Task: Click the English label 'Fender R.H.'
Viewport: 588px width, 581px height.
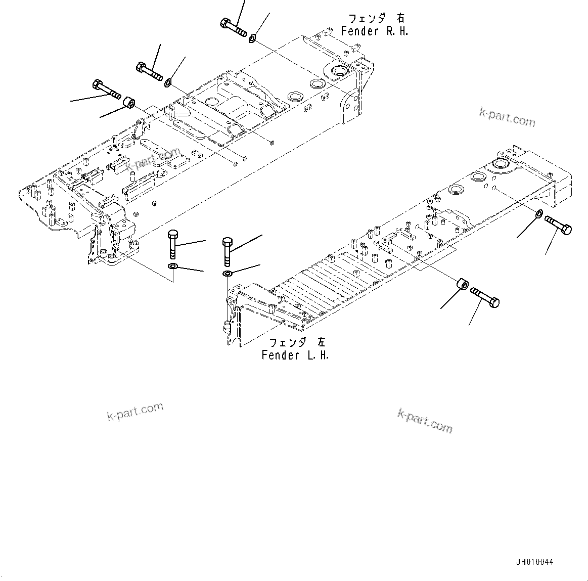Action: (374, 31)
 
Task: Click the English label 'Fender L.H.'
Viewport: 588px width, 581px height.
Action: (295, 355)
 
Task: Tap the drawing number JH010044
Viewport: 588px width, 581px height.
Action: (535, 562)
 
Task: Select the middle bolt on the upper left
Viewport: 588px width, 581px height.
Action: (149, 71)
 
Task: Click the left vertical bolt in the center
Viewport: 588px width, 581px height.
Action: (172, 243)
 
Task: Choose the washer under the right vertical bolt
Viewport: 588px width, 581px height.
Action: (228, 274)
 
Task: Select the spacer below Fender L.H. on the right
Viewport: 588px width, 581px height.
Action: (462, 286)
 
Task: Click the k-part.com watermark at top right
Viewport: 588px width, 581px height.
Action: (507, 118)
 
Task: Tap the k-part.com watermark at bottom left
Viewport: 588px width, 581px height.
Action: (135, 411)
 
